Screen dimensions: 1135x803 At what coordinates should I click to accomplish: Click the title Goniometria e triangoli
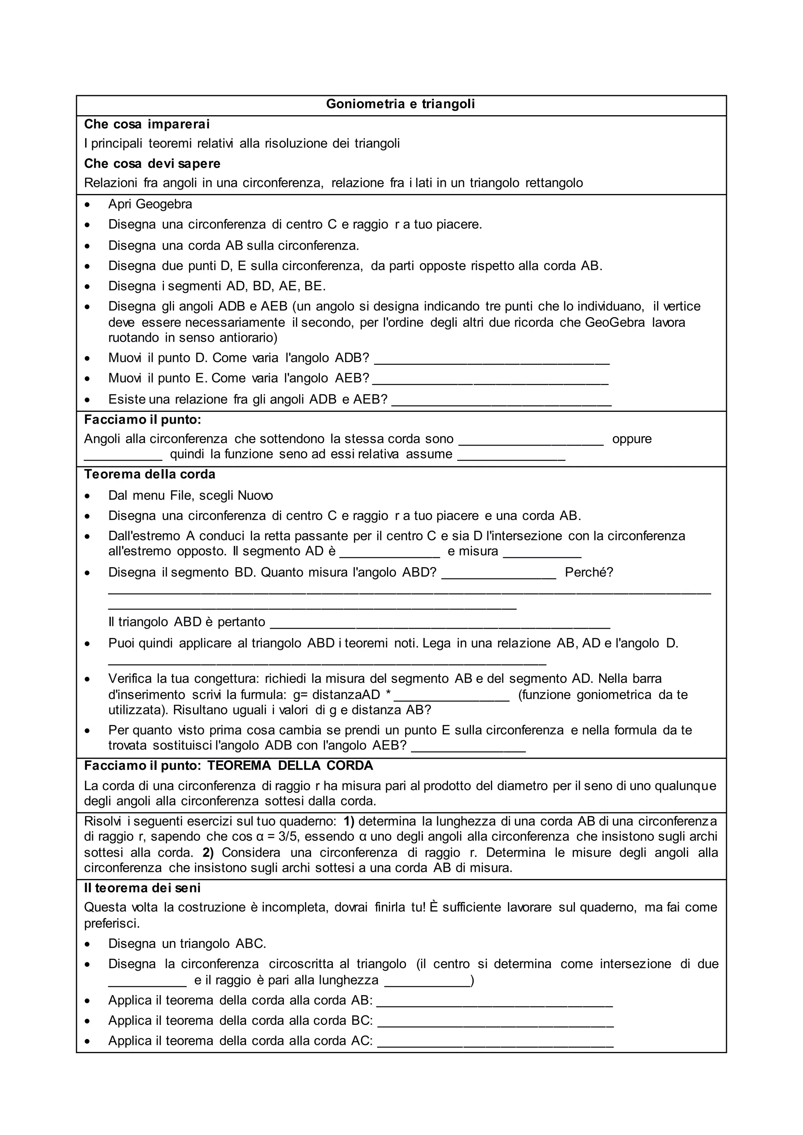(400, 104)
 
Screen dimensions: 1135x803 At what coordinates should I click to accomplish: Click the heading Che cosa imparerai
(147, 124)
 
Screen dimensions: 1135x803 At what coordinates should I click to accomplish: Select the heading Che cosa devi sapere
(152, 163)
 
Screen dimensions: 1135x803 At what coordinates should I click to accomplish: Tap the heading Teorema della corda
(150, 475)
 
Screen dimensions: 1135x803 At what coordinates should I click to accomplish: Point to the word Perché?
(589, 573)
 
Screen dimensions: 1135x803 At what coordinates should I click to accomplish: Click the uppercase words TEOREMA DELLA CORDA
(290, 766)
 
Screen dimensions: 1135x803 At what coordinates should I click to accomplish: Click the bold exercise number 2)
(208, 853)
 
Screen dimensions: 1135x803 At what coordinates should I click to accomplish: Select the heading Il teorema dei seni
(142, 888)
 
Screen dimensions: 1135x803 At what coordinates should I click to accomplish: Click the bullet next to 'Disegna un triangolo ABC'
(87, 944)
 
